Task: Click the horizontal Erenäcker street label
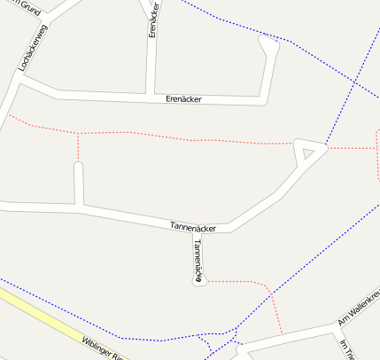[x=183, y=98]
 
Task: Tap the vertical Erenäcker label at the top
[x=153, y=19]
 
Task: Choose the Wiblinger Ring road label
[x=103, y=348]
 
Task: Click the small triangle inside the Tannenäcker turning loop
[x=307, y=154]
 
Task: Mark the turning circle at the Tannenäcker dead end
[x=199, y=280]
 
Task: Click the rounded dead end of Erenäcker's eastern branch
[x=268, y=43]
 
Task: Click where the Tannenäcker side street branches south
[x=196, y=229]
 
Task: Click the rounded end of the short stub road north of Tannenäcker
[x=78, y=166]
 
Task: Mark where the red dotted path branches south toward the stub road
[x=78, y=134]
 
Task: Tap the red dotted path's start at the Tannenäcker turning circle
[x=206, y=280]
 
